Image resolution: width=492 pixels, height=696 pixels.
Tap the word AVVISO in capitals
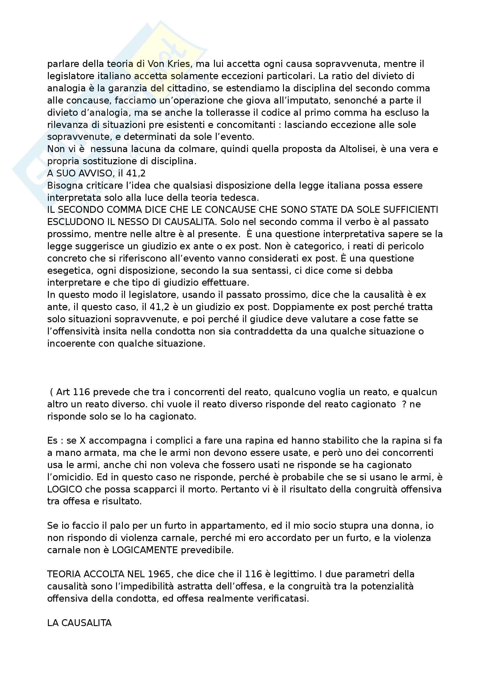93,173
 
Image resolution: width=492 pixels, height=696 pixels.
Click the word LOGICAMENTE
145,550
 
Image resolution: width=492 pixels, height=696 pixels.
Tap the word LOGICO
65,489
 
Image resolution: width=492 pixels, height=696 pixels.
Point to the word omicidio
71,477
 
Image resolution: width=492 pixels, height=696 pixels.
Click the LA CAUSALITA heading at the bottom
79,623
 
